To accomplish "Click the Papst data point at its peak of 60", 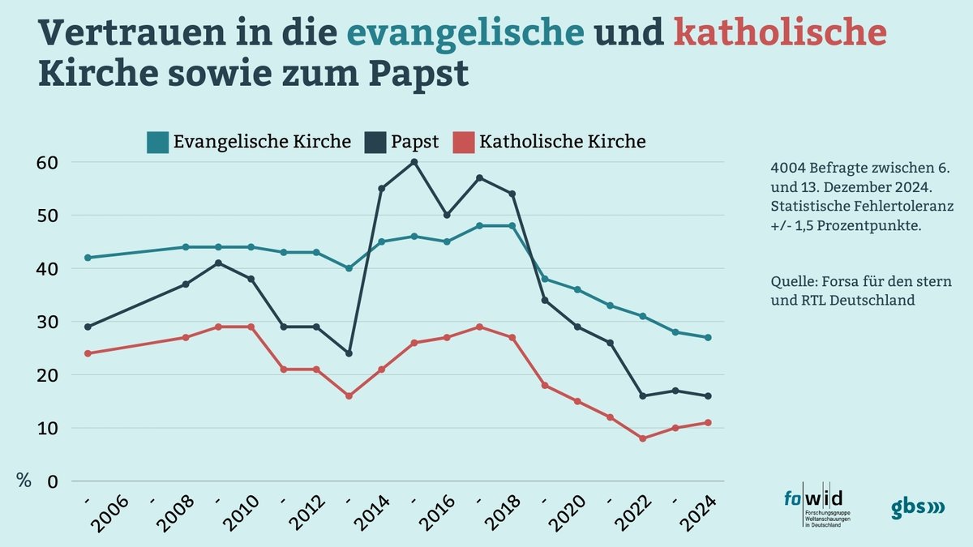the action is pyautogui.click(x=414, y=162).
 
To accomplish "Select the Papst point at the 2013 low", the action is pyautogui.click(x=349, y=353).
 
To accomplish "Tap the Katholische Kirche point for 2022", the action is pyautogui.click(x=643, y=438).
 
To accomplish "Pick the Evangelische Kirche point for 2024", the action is pyautogui.click(x=708, y=338).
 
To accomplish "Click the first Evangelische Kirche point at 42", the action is pyautogui.click(x=88, y=258).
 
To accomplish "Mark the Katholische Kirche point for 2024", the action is pyautogui.click(x=708, y=422).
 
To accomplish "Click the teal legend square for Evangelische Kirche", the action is pyautogui.click(x=156, y=143).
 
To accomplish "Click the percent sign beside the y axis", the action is pyautogui.click(x=24, y=481).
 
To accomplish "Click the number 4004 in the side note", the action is pyautogui.click(x=787, y=169).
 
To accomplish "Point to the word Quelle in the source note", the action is pyautogui.click(x=792, y=282).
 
